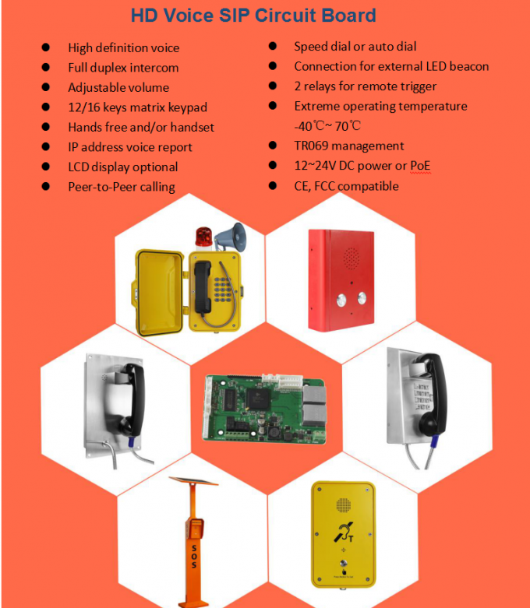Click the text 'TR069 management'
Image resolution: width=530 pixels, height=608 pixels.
[x=348, y=146]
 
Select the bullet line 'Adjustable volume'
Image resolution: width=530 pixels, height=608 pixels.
[x=118, y=87]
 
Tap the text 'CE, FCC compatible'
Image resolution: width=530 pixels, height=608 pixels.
[x=346, y=186]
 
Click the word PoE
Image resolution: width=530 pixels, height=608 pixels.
[x=420, y=166]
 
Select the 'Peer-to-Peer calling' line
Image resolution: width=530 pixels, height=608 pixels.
[x=121, y=186]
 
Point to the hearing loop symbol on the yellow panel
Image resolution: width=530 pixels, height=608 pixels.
[x=341, y=532]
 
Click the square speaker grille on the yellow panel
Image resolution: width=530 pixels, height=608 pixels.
[x=341, y=504]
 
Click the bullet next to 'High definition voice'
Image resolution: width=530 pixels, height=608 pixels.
[x=47, y=47]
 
